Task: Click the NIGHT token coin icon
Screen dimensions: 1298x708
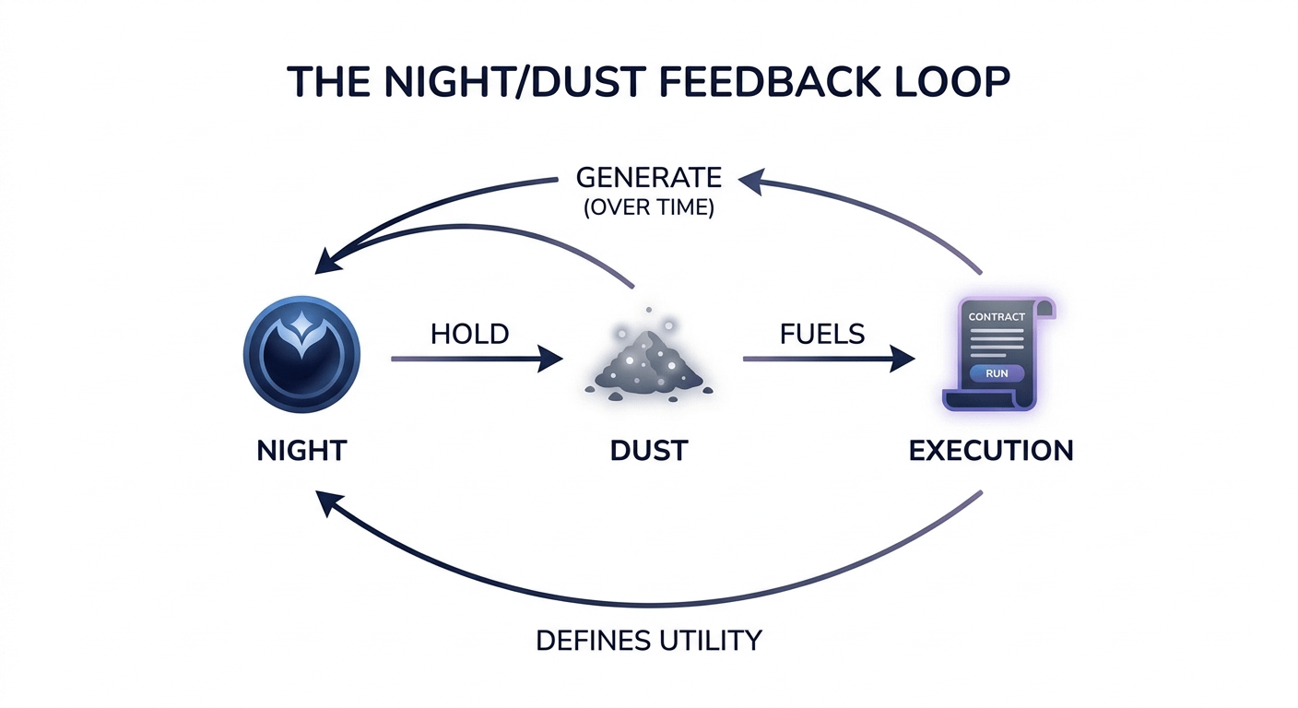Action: coord(301,354)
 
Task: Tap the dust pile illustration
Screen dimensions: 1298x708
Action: coord(649,362)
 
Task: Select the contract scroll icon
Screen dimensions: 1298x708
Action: coord(997,354)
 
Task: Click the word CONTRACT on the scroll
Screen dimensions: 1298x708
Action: coord(997,317)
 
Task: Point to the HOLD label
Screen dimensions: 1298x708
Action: coord(469,335)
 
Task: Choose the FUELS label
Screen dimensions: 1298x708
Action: coord(822,335)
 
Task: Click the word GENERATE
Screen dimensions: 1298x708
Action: coord(649,177)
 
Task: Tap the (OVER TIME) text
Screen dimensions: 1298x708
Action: coord(649,207)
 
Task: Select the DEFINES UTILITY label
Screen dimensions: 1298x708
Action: coord(648,641)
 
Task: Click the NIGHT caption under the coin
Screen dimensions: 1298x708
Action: coord(301,451)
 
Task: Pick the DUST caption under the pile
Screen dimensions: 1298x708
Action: coord(649,451)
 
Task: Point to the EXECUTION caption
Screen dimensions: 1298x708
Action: coord(991,451)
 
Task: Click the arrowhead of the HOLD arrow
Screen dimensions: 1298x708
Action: coord(550,359)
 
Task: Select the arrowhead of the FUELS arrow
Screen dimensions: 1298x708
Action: coord(903,359)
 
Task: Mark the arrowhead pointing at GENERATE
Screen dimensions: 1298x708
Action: coord(751,182)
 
